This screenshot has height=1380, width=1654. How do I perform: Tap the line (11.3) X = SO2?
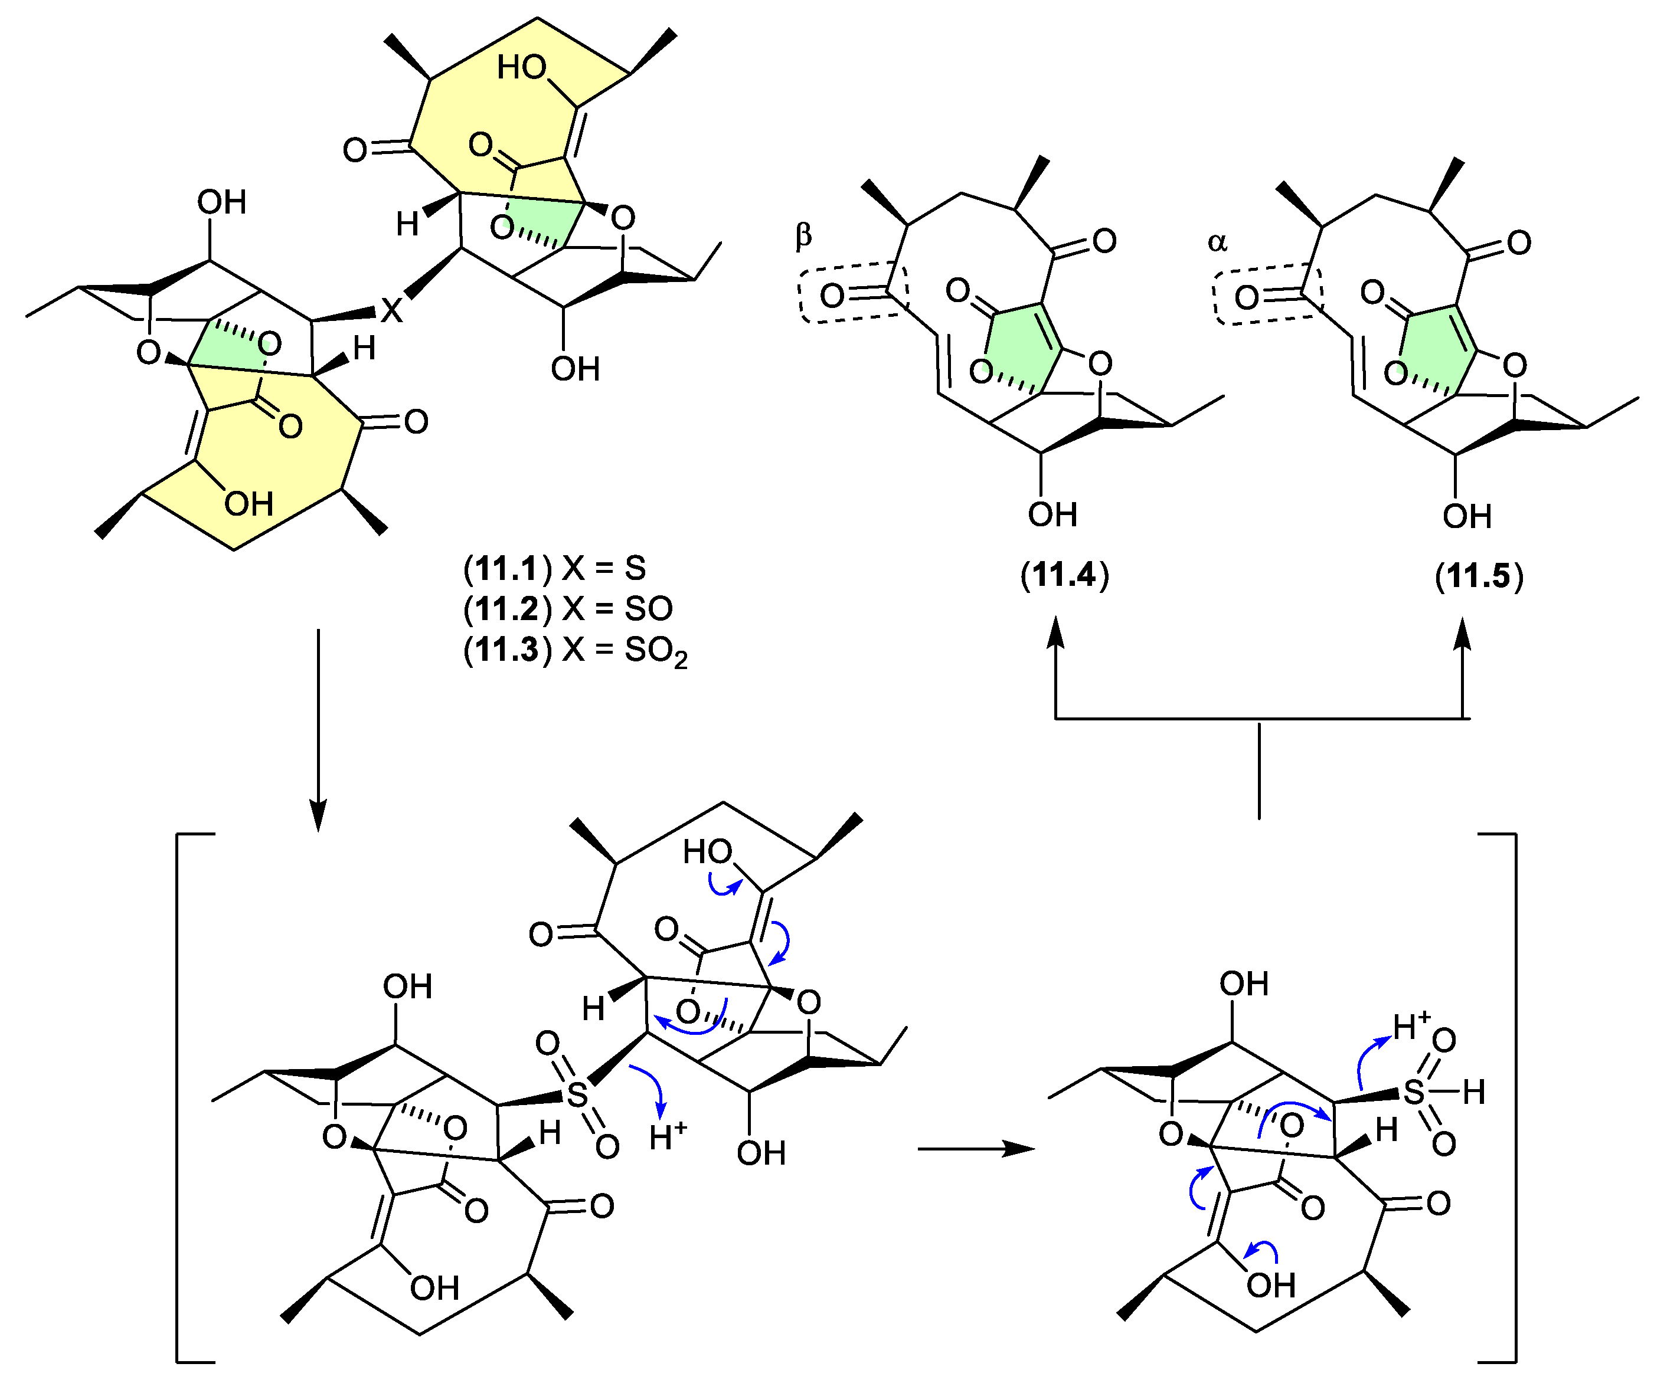(x=575, y=650)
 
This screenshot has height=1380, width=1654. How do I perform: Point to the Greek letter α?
(x=1217, y=242)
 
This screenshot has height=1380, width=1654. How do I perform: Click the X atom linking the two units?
(x=391, y=310)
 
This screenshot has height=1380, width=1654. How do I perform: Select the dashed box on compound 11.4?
(x=853, y=293)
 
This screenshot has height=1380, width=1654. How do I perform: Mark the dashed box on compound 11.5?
(x=1267, y=294)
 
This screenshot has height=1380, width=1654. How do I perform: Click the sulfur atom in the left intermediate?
(x=577, y=1095)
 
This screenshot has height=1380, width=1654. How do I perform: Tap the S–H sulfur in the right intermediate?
(x=1414, y=1092)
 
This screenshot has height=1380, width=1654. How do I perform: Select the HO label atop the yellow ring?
(x=521, y=68)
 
